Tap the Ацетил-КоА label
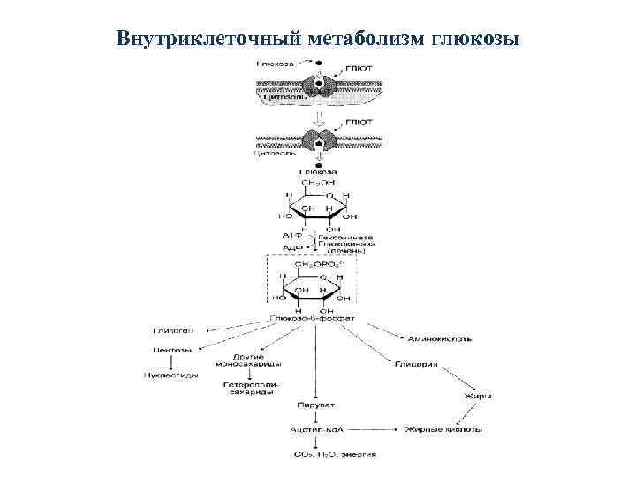pyautogui.click(x=314, y=429)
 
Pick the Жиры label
pyautogui.click(x=477, y=397)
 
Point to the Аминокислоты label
pyautogui.click(x=439, y=338)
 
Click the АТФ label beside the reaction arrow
pyautogui.click(x=292, y=237)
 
